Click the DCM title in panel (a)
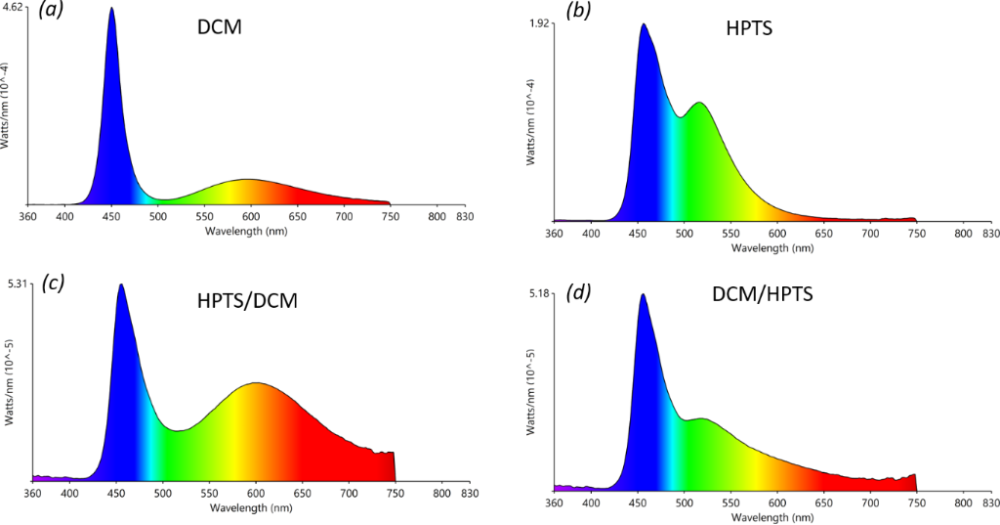point(219,28)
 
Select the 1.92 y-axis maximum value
point(540,23)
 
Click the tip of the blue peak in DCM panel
point(111,9)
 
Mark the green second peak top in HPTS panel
point(698,103)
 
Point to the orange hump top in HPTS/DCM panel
point(256,383)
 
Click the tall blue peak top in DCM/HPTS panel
point(642,294)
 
